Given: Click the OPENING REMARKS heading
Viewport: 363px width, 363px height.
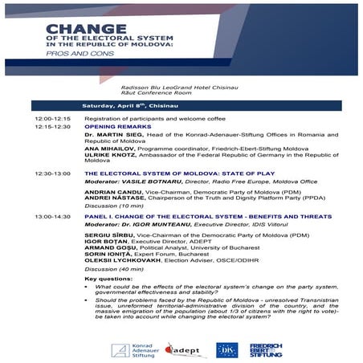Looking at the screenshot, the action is (x=114, y=126).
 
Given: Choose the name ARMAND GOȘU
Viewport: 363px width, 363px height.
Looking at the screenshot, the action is (x=105, y=249).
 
